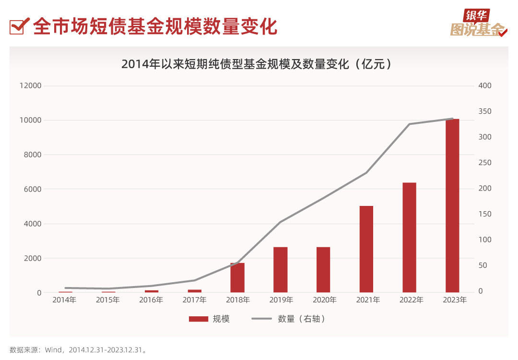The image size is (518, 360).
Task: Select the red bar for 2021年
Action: point(366,249)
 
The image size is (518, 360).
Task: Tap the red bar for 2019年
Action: point(280,270)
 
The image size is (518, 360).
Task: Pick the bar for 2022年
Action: point(409,237)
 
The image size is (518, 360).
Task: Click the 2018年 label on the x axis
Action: point(237,300)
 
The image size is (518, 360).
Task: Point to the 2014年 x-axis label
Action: point(64,300)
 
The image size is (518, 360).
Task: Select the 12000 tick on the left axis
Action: point(31,85)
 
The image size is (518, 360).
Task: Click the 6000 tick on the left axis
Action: point(33,189)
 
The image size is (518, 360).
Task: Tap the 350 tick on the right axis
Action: point(485,111)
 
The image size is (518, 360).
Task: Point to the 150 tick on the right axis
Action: point(485,214)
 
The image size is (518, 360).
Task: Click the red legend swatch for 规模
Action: point(198,319)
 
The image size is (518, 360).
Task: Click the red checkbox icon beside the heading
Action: point(19,26)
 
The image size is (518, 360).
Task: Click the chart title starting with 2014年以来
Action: point(256,64)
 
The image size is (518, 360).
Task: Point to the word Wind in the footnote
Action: point(54,350)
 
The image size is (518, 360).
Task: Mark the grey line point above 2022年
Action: point(410,124)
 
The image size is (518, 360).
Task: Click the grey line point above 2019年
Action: point(281,222)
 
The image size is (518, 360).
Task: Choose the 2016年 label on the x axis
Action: point(151,300)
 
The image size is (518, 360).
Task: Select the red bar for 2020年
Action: point(323,270)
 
